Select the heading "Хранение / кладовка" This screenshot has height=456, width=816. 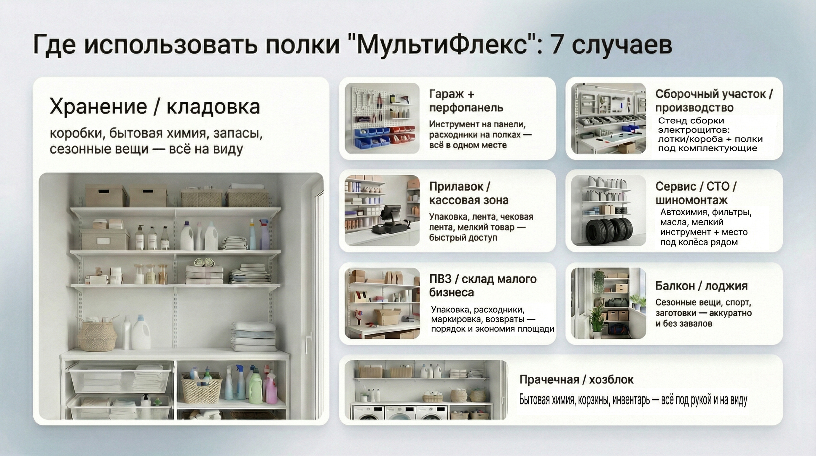click(155, 106)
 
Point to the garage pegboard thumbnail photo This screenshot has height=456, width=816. click(382, 118)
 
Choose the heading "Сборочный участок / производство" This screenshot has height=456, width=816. click(714, 101)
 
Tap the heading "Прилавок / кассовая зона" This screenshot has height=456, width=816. click(468, 193)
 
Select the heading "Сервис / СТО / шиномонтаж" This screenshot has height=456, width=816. click(696, 193)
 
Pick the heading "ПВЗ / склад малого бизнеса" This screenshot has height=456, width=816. click(483, 285)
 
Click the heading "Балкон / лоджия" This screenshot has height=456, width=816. click(701, 286)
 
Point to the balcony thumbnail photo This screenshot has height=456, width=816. click(608, 303)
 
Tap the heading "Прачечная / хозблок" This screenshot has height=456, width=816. click(576, 380)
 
